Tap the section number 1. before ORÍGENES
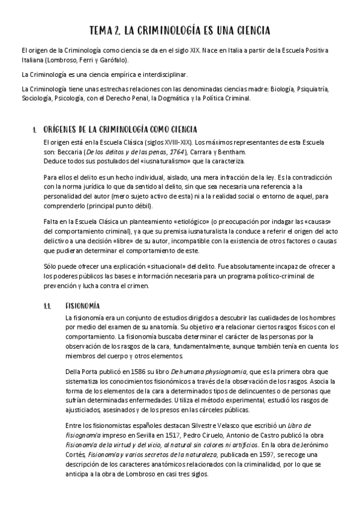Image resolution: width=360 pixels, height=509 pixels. (x=35, y=130)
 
